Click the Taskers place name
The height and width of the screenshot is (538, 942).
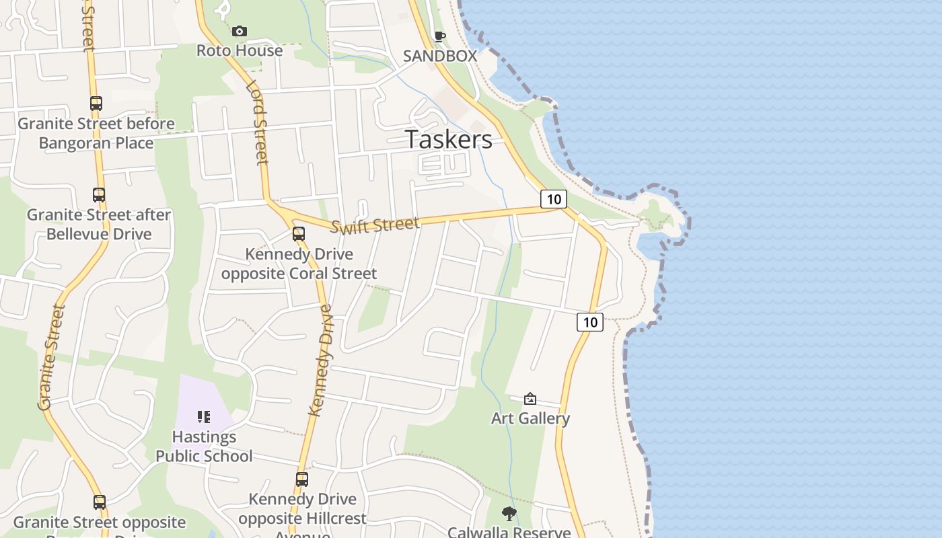coord(449,139)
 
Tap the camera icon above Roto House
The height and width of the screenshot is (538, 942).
coord(240,31)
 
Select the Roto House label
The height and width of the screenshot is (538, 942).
coord(240,50)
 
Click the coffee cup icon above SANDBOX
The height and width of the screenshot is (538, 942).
coord(440,36)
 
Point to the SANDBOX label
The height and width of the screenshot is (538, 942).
coord(440,56)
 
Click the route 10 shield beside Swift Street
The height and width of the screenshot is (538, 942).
coord(553,198)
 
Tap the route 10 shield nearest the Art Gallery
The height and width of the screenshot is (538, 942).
coord(590,322)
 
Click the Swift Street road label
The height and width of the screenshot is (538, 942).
coord(375,225)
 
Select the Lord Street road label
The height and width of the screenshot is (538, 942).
coord(257,123)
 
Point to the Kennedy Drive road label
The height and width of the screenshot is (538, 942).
coord(322,360)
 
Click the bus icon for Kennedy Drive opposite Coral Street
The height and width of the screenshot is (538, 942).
coord(299,234)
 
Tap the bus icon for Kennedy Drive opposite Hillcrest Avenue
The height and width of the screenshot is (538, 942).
coord(302,479)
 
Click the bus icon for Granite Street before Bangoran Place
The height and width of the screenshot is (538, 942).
coord(96,104)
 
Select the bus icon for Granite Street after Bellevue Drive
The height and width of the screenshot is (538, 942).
coord(99,195)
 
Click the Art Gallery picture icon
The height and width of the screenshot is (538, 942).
coord(530,399)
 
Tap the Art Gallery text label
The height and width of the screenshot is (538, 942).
coord(530,418)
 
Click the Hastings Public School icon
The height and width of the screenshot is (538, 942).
coord(204,417)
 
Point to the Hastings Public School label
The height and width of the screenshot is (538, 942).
coord(204,447)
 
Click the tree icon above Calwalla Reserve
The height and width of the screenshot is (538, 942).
coord(509,514)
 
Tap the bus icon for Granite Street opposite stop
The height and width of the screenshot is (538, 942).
coord(100,502)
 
